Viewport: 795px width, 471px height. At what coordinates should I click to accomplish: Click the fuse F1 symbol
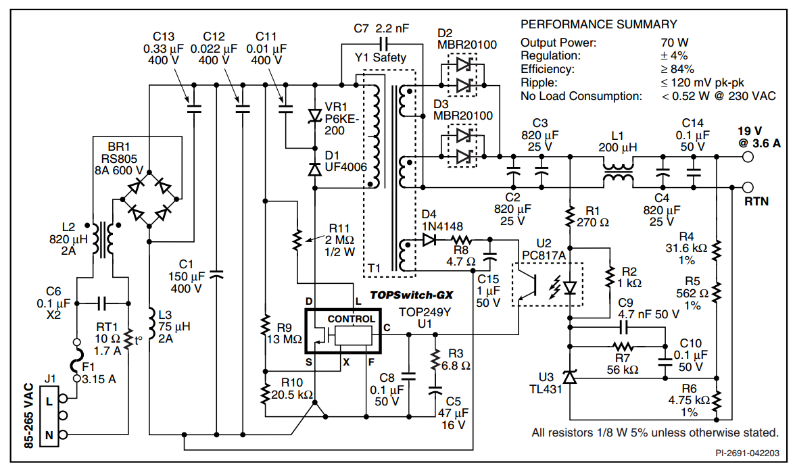click(77, 360)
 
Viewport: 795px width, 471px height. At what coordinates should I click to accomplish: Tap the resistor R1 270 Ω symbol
click(570, 216)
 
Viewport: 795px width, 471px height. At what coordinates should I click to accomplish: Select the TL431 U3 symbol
click(570, 376)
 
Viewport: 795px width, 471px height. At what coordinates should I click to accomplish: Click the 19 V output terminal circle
click(748, 157)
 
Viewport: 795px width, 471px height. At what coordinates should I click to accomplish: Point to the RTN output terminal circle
click(748, 187)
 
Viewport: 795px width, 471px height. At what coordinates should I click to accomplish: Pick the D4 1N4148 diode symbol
click(429, 239)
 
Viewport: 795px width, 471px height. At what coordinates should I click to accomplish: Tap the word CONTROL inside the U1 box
click(352, 319)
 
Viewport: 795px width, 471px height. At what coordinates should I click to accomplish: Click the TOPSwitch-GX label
click(411, 295)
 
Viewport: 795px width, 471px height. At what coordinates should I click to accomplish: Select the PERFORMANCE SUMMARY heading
click(599, 24)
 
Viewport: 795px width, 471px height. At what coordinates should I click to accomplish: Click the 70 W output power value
click(675, 43)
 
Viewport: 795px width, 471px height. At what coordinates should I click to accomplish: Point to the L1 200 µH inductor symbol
click(618, 172)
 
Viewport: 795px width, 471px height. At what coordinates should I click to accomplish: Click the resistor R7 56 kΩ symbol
click(623, 347)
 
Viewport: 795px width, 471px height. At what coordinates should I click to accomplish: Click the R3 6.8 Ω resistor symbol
click(435, 360)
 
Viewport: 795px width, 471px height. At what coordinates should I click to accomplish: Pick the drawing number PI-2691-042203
click(748, 453)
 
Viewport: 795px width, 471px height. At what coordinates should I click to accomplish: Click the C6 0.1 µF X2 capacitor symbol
click(102, 303)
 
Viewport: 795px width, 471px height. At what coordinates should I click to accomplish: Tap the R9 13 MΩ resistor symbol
click(265, 326)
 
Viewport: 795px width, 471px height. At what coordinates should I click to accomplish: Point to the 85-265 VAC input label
click(29, 415)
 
